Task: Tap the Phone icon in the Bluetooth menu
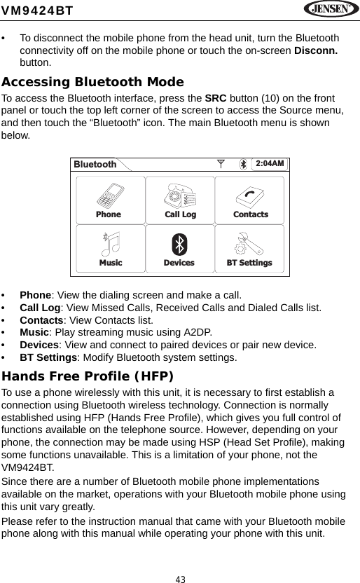pyautogui.click(x=109, y=195)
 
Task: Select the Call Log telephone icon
pyautogui.click(x=179, y=195)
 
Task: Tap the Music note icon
pyautogui.click(x=110, y=243)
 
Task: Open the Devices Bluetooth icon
pyautogui.click(x=179, y=244)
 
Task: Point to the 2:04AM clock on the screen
pyautogui.click(x=270, y=164)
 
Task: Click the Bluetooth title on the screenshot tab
pyautogui.click(x=95, y=165)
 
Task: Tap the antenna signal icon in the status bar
pyautogui.click(x=221, y=164)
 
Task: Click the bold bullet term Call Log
pyautogui.click(x=40, y=307)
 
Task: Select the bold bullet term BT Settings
pyautogui.click(x=48, y=357)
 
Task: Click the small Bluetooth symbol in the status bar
pyautogui.click(x=244, y=164)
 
